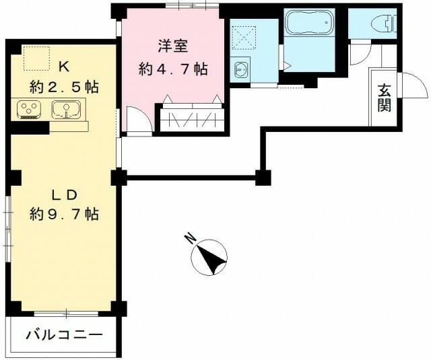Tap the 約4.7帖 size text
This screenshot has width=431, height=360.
coord(172,69)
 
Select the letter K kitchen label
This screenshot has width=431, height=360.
coord(64,66)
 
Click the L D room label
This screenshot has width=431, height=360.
coord(65,194)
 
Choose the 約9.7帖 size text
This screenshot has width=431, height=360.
coord(65,214)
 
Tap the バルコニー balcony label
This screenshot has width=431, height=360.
coord(65,334)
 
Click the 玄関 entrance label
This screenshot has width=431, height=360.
coord(385,98)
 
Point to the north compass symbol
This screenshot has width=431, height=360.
coord(210,257)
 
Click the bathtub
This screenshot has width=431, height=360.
coord(310,24)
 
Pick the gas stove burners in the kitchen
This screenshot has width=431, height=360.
coord(29,108)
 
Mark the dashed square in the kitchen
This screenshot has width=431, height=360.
coord(36,58)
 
